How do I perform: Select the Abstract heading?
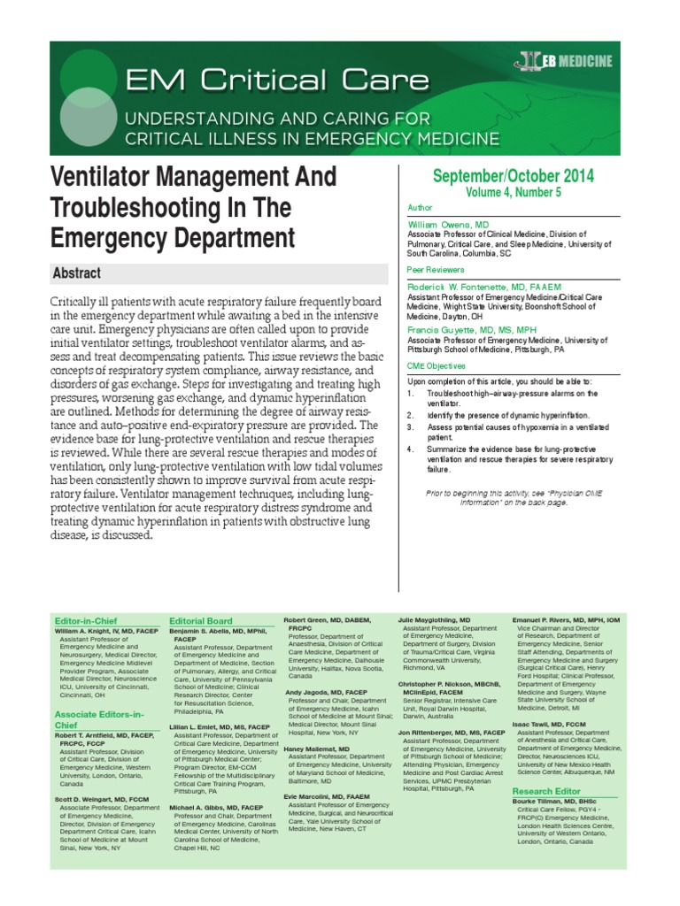coord(76,274)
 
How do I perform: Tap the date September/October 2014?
coord(514,175)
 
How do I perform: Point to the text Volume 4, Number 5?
coord(514,192)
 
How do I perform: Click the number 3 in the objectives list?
coord(411,426)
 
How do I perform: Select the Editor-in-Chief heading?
coord(87,621)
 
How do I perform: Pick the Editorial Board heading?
coord(200,621)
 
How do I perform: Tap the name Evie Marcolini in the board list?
coord(324,795)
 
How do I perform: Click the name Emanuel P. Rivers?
coord(564,621)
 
